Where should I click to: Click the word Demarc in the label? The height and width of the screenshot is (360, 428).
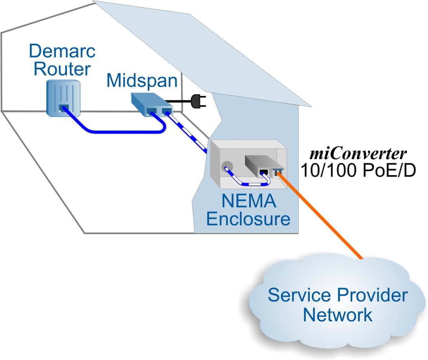coord(62,51)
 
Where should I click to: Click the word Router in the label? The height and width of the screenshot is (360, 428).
coord(62,69)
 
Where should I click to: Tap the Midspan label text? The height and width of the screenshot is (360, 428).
coord(142,81)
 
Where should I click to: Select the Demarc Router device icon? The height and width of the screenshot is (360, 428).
coord(63,98)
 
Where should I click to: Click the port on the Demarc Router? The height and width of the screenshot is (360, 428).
coord(63,108)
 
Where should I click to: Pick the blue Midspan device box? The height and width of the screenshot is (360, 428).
coord(149,104)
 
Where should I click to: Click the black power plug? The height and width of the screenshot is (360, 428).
coord(200,101)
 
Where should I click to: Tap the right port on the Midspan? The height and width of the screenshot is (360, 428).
coord(166,112)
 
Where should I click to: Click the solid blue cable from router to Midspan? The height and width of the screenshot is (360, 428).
coord(115,131)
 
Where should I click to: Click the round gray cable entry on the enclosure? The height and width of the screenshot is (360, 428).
coord(227,167)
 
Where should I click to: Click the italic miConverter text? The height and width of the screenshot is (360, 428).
coord(358,153)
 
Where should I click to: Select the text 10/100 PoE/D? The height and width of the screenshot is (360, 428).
coord(358,171)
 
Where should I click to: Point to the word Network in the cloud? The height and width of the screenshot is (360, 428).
coord(337,314)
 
